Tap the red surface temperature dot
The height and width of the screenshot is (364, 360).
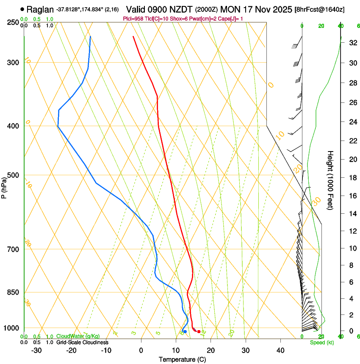point(199,331)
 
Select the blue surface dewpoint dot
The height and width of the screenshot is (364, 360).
point(185,331)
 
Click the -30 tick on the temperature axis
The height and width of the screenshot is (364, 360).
point(36,350)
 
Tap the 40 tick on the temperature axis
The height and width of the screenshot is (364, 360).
point(280,350)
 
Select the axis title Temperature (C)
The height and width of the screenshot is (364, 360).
point(182,359)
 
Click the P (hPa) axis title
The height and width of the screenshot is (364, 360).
point(4,186)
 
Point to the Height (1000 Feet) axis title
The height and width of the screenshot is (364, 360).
point(330,180)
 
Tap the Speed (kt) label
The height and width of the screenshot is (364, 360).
point(321,342)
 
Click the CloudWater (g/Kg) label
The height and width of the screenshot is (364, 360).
point(75,336)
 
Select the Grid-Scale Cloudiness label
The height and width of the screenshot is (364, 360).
point(82,342)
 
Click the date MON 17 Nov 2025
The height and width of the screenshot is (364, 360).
point(260,9)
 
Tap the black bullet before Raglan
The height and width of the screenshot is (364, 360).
point(22,9)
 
